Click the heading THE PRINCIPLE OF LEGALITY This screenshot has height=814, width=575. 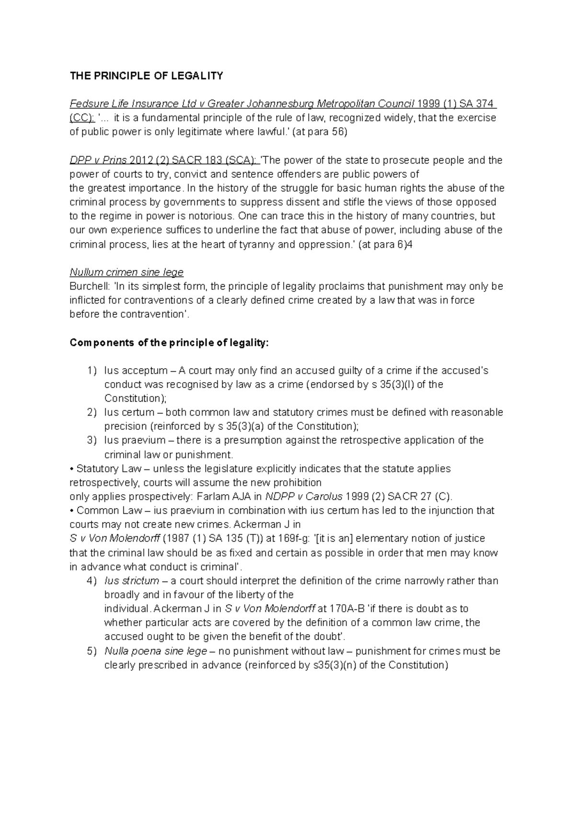point(146,76)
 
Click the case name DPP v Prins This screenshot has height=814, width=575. point(98,160)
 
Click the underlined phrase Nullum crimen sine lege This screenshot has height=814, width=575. point(126,272)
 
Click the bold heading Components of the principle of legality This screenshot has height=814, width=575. point(170,343)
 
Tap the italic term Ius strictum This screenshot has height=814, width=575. point(132,581)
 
